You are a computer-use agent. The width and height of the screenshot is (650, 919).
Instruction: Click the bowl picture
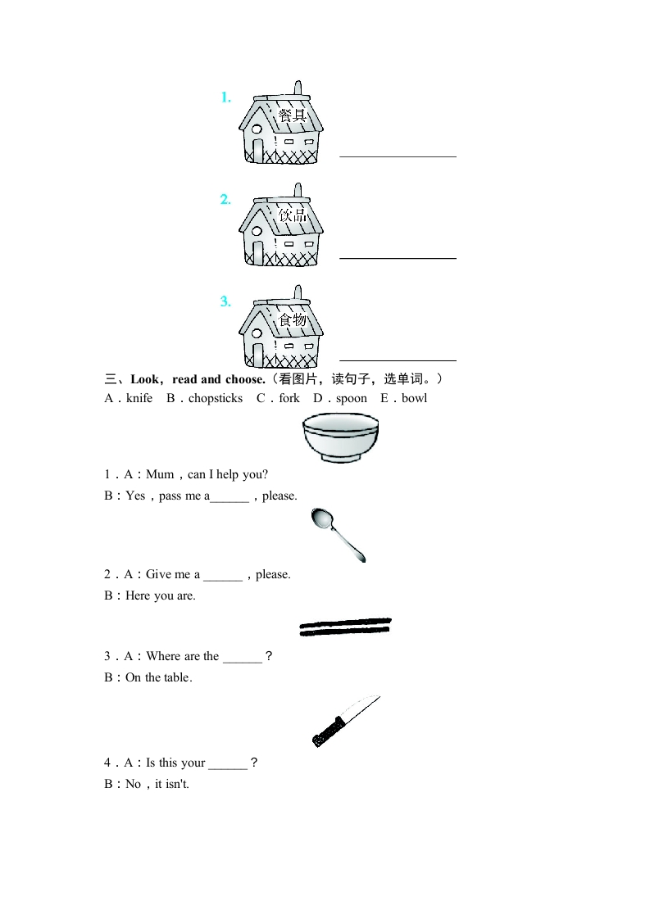(x=340, y=437)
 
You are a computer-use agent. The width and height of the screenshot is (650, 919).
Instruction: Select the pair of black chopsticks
(x=345, y=627)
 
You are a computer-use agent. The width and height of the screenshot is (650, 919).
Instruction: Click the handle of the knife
(x=328, y=731)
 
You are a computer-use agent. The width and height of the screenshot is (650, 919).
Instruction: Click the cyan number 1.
(x=225, y=97)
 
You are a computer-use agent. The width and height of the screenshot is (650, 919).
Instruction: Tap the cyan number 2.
(x=225, y=200)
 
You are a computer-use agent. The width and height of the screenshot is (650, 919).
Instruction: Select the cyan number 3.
(x=225, y=301)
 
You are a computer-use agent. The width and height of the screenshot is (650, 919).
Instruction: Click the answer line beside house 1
(x=398, y=156)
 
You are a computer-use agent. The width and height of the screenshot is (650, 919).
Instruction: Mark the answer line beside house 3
(x=398, y=360)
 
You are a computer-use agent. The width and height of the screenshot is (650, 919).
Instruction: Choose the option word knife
(x=139, y=399)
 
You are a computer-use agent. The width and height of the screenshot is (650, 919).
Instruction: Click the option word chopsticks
(x=216, y=399)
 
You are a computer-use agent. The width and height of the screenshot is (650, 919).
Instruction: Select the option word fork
(x=289, y=399)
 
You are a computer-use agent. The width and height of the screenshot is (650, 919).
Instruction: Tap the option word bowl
(x=414, y=399)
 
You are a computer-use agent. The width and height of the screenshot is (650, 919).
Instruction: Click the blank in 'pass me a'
(x=230, y=496)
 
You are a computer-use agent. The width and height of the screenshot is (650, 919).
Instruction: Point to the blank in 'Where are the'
(x=242, y=657)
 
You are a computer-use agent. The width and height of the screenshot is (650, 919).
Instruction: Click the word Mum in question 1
(x=160, y=474)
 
